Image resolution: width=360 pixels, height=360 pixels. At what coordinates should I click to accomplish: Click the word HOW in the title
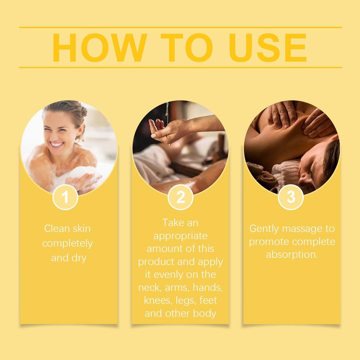pyautogui.click(x=99, y=48)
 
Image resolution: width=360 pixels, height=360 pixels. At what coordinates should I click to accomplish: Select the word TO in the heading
pyautogui.click(x=186, y=48)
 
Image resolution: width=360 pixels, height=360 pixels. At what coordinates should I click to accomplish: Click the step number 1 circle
pyautogui.click(x=65, y=197)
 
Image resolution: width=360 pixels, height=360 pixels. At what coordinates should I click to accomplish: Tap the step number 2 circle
pyautogui.click(x=180, y=197)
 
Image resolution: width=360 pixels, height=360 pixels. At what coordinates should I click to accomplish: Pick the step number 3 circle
pyautogui.click(x=291, y=197)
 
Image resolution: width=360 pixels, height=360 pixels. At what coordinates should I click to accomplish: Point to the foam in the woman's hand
pyautogui.click(x=83, y=174)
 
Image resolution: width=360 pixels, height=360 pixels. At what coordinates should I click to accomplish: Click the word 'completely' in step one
pyautogui.click(x=67, y=243)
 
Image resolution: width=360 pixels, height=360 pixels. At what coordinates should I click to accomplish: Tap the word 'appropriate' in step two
pyautogui.click(x=180, y=236)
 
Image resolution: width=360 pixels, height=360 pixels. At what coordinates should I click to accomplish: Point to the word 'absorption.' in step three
pyautogui.click(x=292, y=255)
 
